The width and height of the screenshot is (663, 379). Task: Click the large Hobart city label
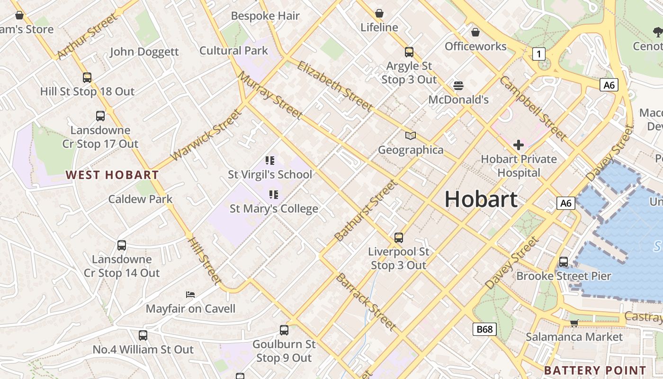tap(481, 199)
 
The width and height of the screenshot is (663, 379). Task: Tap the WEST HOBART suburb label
tap(112, 175)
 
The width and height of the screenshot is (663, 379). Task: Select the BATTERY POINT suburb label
tap(595, 370)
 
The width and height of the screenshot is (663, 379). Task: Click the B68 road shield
tap(484, 329)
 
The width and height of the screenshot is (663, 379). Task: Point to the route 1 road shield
tap(538, 54)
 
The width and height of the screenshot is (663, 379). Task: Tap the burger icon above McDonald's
tap(458, 86)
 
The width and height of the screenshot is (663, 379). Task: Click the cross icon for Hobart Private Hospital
tap(519, 145)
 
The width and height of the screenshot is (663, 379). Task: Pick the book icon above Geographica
tap(411, 136)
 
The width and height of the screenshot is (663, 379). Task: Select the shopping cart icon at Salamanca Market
tap(574, 323)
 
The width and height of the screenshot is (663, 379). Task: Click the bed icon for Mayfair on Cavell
tap(190, 295)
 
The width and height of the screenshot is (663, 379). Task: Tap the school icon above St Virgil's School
tap(270, 161)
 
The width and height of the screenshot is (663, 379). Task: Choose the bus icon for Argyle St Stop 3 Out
tap(409, 52)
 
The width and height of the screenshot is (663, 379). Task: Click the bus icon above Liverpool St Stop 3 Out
tap(399, 237)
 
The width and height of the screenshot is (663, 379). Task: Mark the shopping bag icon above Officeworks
tap(475, 32)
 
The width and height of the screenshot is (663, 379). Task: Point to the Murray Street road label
tap(270, 95)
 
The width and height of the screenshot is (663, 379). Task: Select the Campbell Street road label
tap(533, 108)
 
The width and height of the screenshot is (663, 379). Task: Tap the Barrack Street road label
tap(366, 301)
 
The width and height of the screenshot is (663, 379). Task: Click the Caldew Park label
tap(141, 199)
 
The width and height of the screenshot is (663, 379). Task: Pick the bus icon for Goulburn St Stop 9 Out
tap(284, 330)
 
